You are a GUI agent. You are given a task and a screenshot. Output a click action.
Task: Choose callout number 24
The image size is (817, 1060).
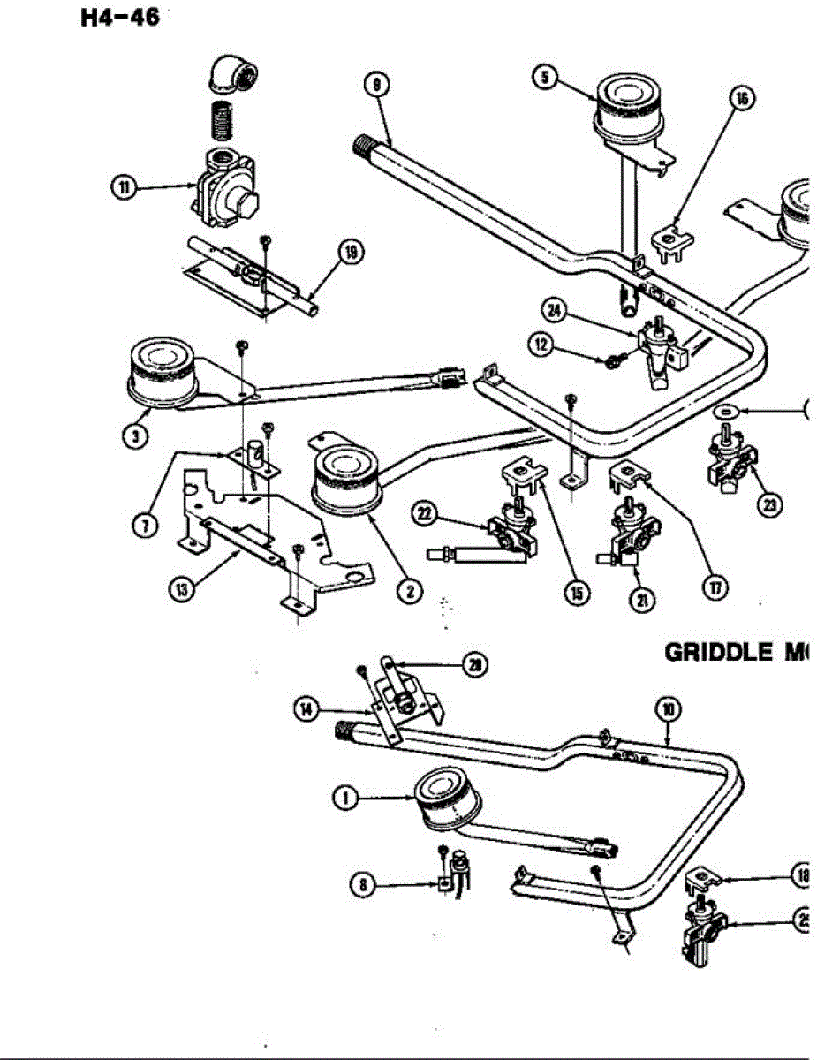tap(555, 309)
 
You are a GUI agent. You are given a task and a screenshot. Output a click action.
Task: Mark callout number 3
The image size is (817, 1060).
tap(134, 435)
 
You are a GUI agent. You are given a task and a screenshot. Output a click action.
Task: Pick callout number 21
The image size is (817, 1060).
tap(637, 599)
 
